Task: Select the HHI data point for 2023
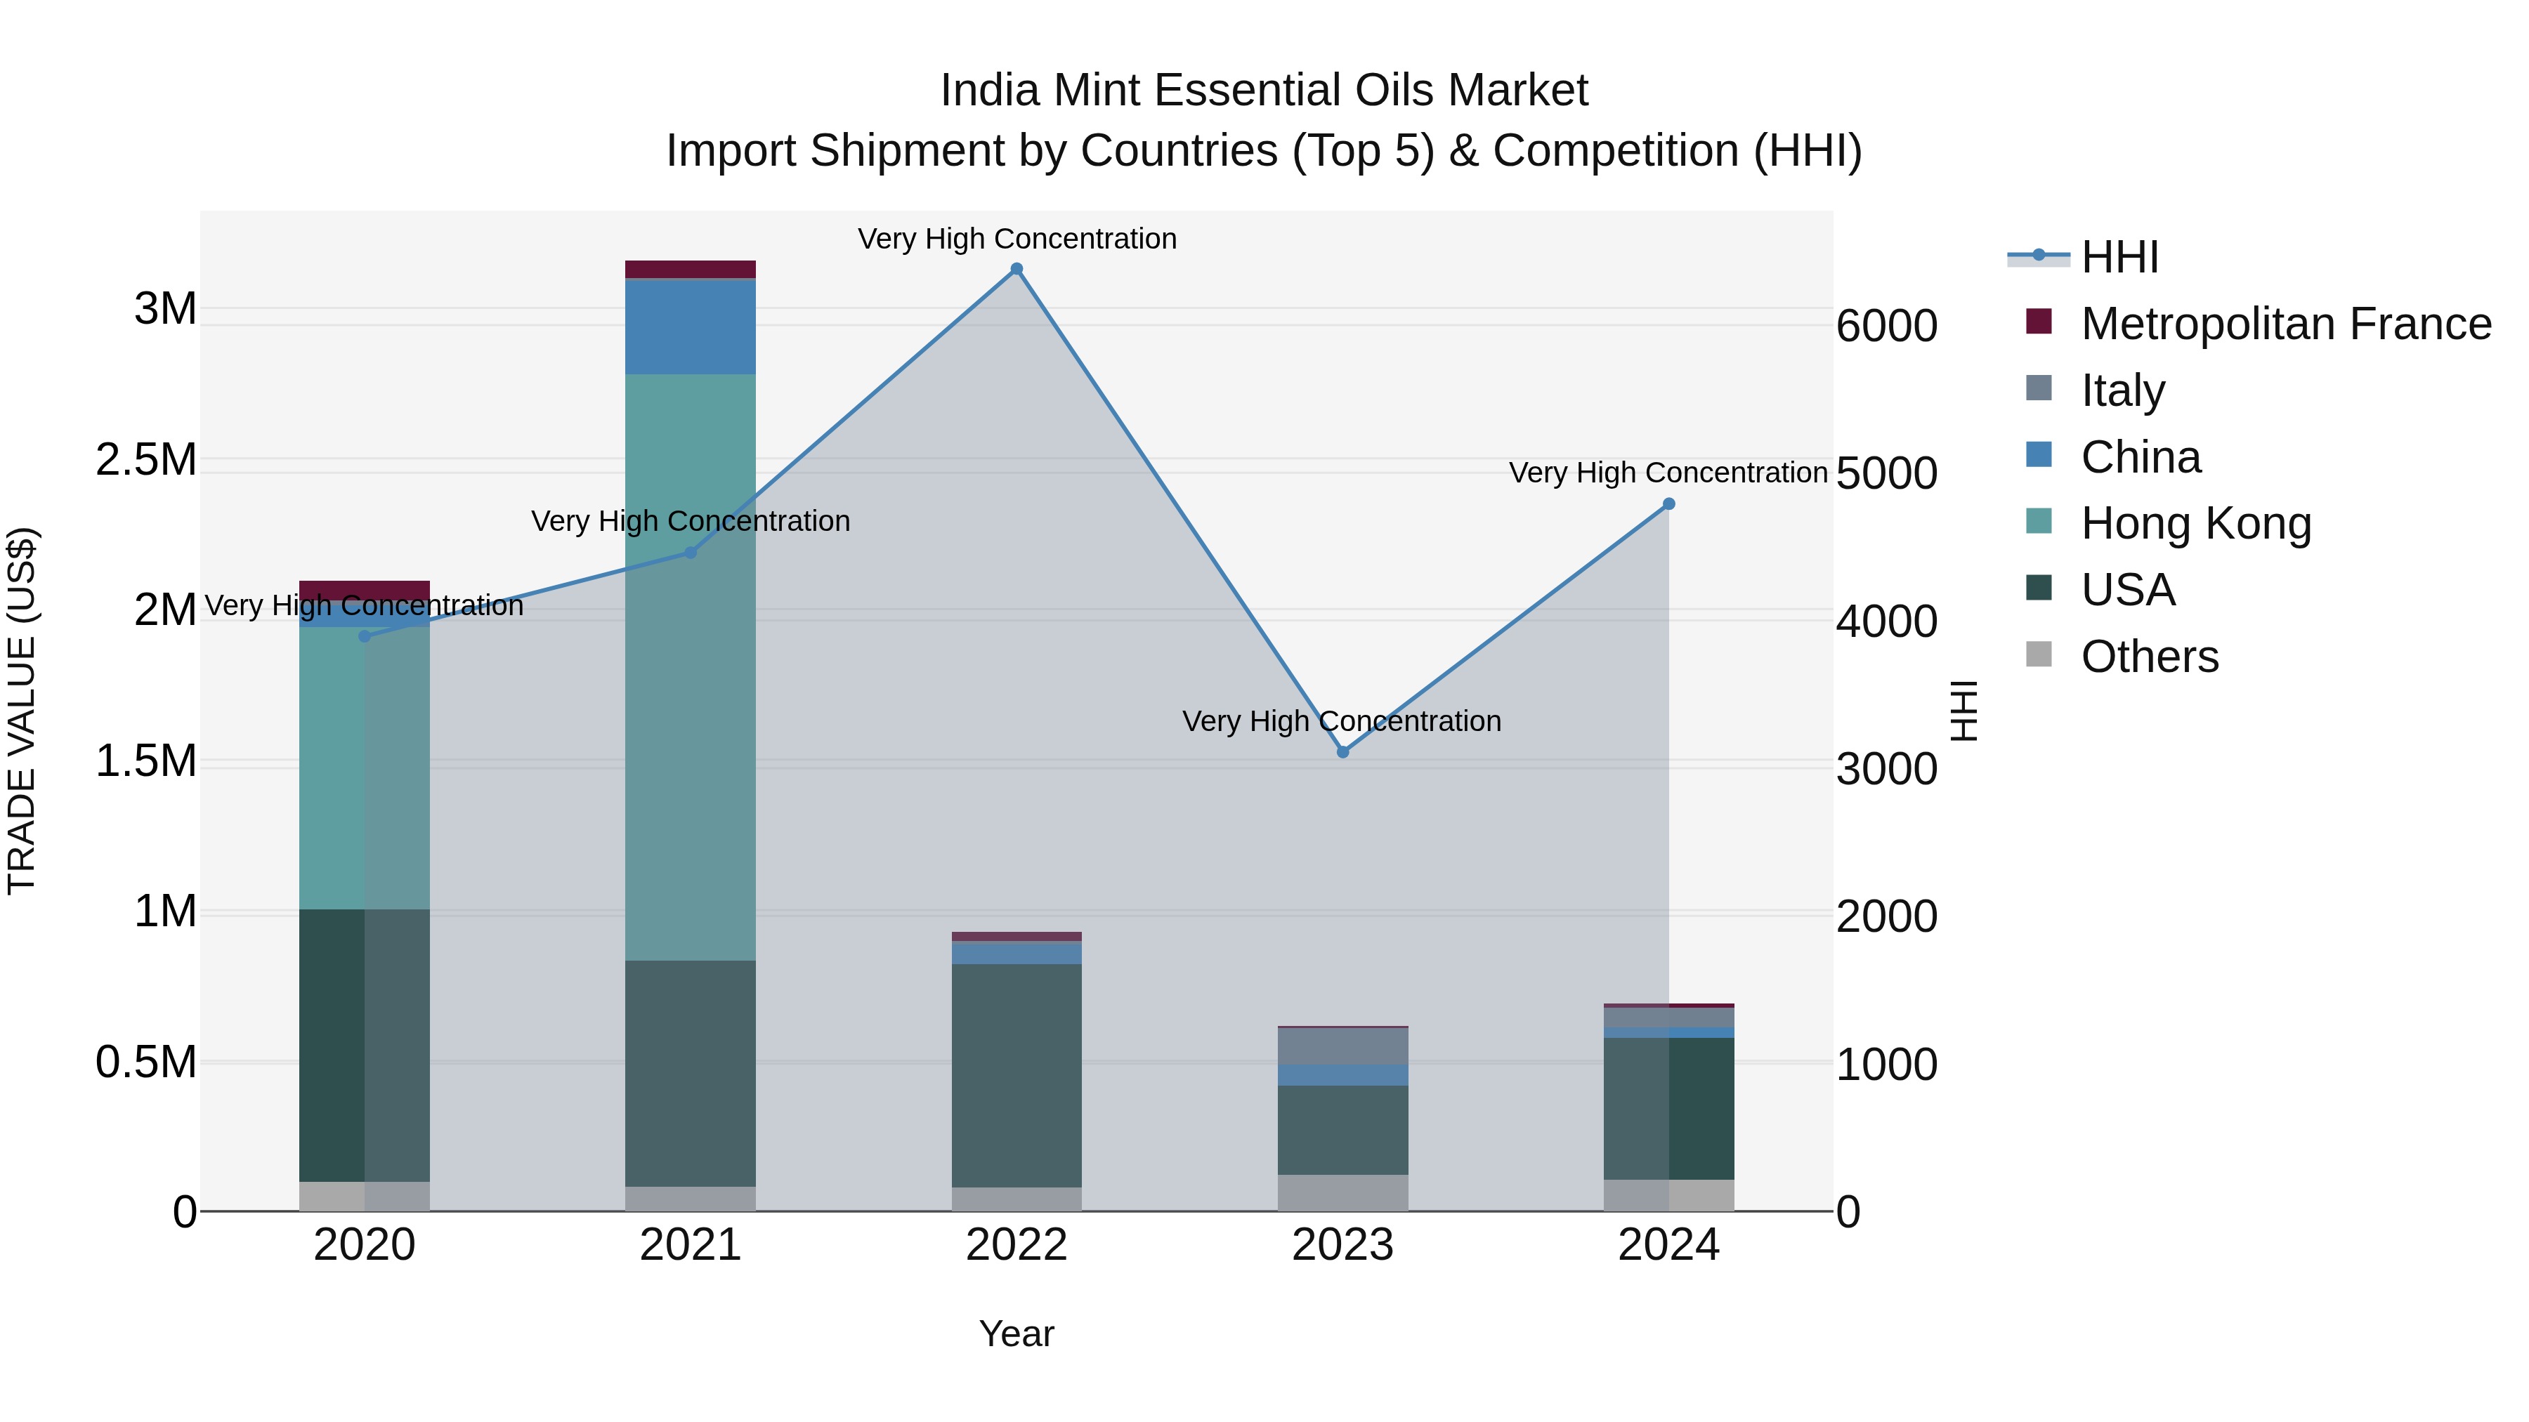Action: point(1343,751)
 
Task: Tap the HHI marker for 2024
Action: point(1669,504)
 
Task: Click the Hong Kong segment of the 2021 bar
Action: point(690,667)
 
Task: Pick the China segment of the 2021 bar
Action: point(690,327)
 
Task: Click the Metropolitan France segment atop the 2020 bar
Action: point(364,591)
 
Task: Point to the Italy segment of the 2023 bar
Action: point(1343,1046)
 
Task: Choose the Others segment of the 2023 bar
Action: point(1343,1192)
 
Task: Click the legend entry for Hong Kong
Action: point(2195,523)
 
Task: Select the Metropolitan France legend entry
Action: point(2285,324)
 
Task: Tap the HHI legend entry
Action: point(2119,257)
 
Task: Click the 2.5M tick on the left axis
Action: point(146,460)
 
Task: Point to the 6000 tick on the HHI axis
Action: point(1886,326)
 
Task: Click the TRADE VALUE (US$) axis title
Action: point(22,711)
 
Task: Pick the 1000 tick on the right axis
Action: point(1886,1065)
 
